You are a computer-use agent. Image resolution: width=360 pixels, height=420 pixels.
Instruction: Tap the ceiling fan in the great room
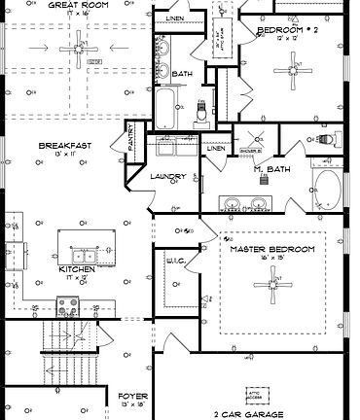tap(76, 48)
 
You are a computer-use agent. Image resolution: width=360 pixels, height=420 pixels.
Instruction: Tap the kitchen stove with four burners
tap(68, 305)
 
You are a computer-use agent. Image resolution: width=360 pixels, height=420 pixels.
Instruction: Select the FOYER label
tap(132, 397)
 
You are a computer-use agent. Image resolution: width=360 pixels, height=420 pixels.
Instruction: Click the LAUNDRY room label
tap(169, 176)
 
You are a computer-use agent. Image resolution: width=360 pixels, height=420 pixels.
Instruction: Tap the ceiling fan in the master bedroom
tap(272, 284)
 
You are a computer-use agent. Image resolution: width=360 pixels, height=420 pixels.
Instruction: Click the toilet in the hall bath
tap(201, 111)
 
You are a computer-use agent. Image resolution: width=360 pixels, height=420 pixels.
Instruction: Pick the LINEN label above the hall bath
tap(174, 18)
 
